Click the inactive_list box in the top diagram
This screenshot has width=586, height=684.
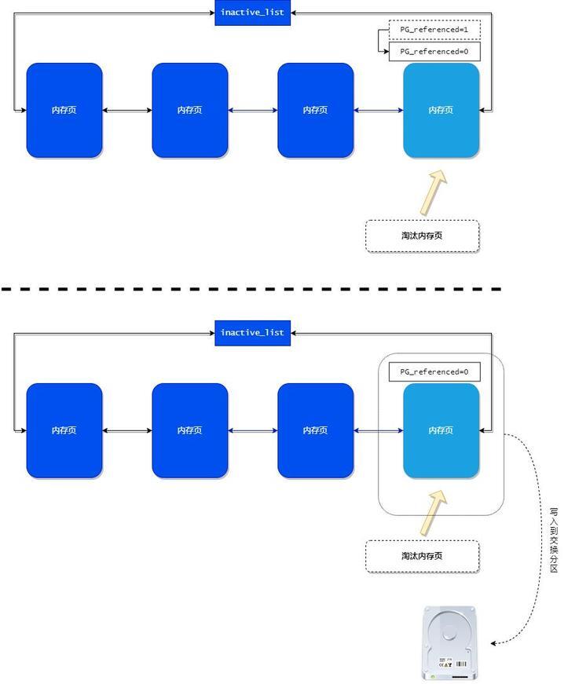point(252,13)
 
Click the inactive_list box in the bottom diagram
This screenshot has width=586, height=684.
point(252,333)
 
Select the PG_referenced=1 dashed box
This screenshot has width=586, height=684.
point(434,30)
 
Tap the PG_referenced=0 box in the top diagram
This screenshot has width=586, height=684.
point(434,52)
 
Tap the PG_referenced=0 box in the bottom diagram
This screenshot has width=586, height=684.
point(434,371)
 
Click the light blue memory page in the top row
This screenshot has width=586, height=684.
point(441,111)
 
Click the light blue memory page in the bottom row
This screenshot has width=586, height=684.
point(441,430)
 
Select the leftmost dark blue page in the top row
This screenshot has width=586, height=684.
point(64,111)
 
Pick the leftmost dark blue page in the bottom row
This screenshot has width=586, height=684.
point(64,430)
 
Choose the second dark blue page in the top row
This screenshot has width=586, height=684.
point(190,111)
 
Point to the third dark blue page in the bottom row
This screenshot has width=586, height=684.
point(316,430)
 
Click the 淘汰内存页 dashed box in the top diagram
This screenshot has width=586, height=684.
point(423,236)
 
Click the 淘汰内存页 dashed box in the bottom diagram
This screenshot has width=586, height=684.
point(423,556)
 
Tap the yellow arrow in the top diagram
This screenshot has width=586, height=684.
point(433,193)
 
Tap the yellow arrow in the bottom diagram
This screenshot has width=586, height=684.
point(433,513)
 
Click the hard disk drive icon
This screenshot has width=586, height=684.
point(449,643)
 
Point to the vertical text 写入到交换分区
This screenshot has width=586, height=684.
point(554,540)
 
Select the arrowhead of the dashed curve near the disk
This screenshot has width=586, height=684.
point(493,643)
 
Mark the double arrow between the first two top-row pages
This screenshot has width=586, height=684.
point(127,111)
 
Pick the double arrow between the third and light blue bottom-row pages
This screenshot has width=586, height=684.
point(379,430)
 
